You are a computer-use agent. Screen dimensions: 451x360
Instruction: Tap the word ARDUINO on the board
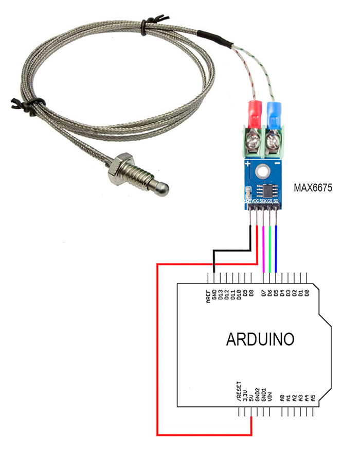click(260, 340)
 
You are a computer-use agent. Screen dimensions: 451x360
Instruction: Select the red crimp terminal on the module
click(254, 114)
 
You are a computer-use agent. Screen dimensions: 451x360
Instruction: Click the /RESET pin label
click(238, 390)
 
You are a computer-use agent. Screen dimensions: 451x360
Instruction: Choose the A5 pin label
click(313, 397)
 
